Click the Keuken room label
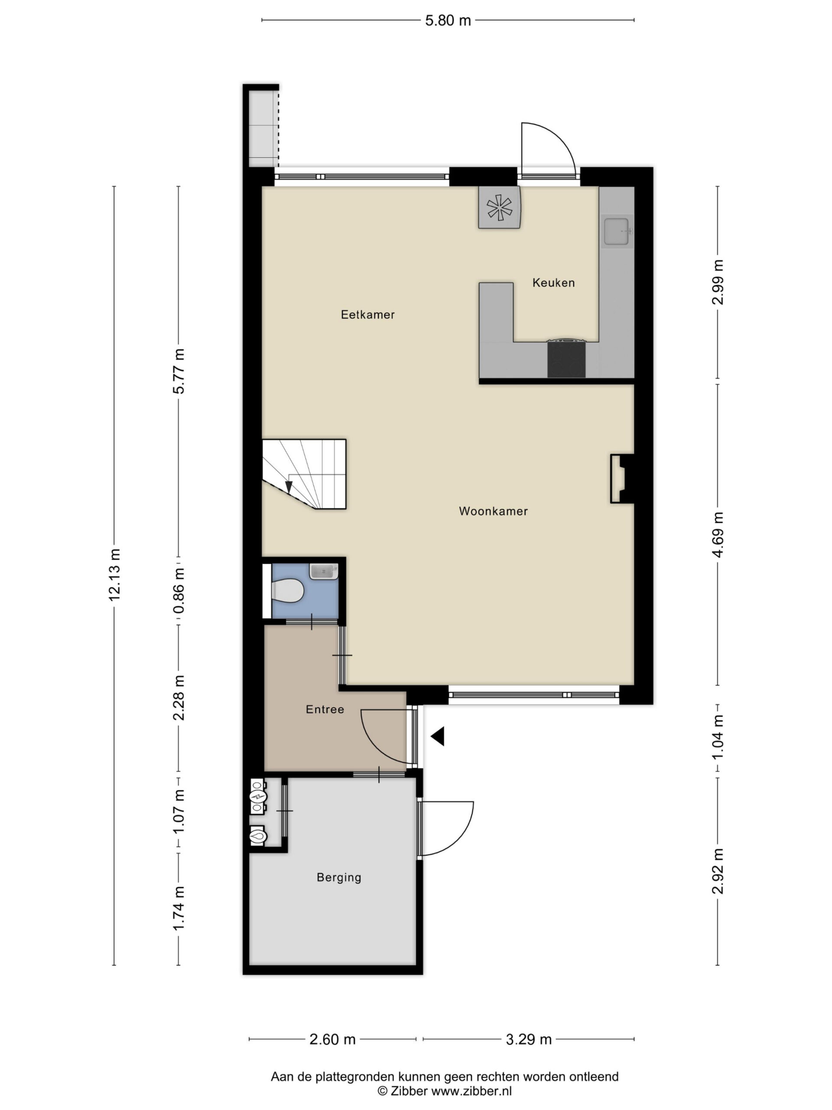(553, 283)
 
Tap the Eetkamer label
(367, 315)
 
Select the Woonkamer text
(493, 511)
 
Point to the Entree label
(325, 709)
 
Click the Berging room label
(339, 877)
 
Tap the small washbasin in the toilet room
(323, 571)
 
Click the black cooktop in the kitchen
(566, 359)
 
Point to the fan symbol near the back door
(499, 207)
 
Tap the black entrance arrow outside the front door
(437, 737)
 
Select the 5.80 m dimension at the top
(448, 20)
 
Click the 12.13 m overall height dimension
(114, 575)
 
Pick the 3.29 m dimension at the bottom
(528, 1039)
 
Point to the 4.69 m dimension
(718, 535)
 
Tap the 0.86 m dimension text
(179, 590)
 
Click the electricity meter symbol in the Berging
(258, 797)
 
